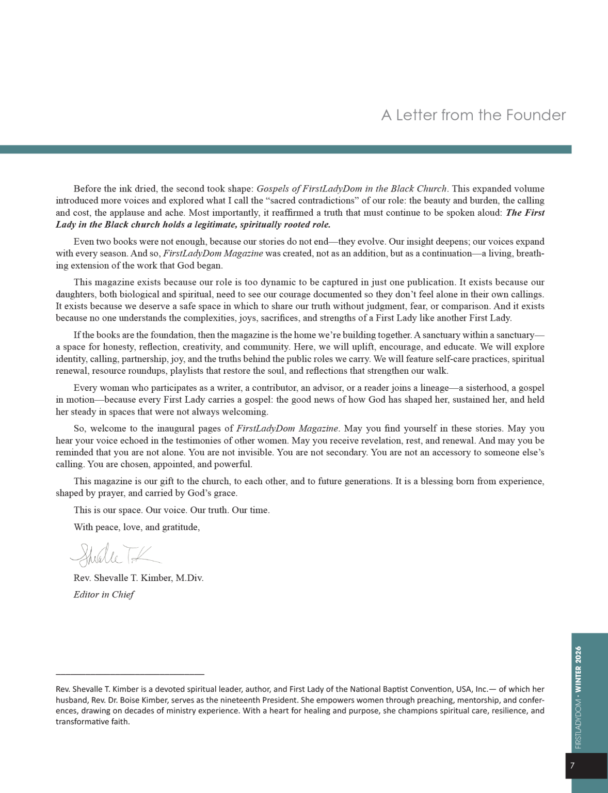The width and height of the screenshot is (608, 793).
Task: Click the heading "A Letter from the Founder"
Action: (x=473, y=115)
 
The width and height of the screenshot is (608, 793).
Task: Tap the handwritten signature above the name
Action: (x=115, y=554)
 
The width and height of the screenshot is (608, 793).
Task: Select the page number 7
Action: (x=572, y=766)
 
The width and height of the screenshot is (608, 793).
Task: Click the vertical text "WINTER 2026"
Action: (x=578, y=670)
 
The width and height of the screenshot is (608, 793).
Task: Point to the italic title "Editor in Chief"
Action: (x=104, y=594)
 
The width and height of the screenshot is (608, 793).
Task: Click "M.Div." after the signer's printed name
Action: (x=189, y=578)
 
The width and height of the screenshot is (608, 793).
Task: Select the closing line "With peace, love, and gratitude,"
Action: (x=137, y=527)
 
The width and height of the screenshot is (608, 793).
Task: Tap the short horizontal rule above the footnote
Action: (x=130, y=674)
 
